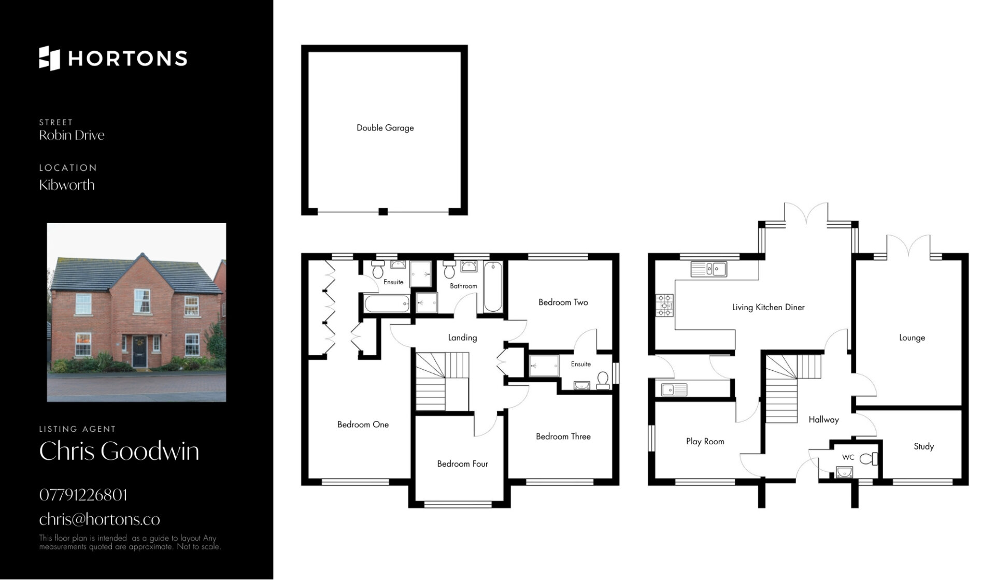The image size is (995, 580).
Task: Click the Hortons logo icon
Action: pyautogui.click(x=49, y=58)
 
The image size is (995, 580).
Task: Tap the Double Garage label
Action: pyautogui.click(x=385, y=128)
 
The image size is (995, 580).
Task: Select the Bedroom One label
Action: pyautogui.click(x=363, y=425)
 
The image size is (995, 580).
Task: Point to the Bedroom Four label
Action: pyautogui.click(x=462, y=464)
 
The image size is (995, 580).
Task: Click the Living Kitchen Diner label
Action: pyautogui.click(x=768, y=308)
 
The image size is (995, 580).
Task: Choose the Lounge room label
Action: pyautogui.click(x=912, y=338)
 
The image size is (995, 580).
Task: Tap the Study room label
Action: pyautogui.click(x=923, y=446)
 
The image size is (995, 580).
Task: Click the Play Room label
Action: pyautogui.click(x=705, y=442)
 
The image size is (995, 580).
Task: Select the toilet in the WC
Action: pyautogui.click(x=869, y=459)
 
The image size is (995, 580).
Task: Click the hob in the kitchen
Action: pyautogui.click(x=665, y=305)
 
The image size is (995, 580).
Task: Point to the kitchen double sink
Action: pyautogui.click(x=709, y=269)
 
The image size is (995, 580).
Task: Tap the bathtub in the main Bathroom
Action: pyautogui.click(x=493, y=287)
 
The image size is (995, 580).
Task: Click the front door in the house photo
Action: pyautogui.click(x=139, y=351)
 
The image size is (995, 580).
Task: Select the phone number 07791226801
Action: pyautogui.click(x=83, y=495)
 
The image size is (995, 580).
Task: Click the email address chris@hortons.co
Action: pyautogui.click(x=99, y=519)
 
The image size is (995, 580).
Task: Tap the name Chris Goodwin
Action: pyautogui.click(x=119, y=451)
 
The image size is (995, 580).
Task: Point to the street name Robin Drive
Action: pyautogui.click(x=72, y=135)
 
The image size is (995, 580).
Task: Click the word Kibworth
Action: pyautogui.click(x=67, y=185)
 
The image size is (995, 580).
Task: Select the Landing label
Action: pyautogui.click(x=462, y=338)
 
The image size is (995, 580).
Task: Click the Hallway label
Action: pyautogui.click(x=823, y=420)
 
